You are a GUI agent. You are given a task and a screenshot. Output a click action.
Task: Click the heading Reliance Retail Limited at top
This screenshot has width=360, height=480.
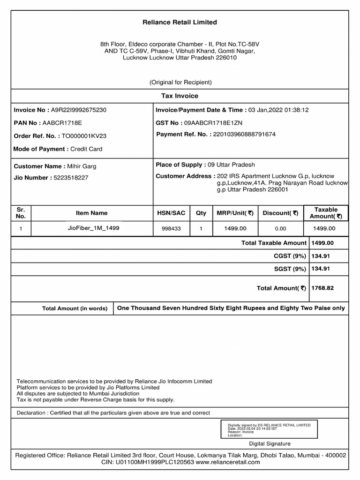click(x=180, y=22)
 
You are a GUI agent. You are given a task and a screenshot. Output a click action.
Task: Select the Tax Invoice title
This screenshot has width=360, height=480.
click(x=180, y=96)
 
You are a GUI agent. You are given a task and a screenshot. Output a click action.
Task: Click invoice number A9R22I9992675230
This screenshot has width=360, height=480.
click(x=78, y=110)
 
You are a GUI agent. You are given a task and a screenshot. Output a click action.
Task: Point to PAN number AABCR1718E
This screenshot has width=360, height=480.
click(x=62, y=123)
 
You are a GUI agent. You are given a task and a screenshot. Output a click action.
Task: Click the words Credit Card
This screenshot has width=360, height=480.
click(x=86, y=149)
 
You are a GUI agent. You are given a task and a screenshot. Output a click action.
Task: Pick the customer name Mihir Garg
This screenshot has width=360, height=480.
click(x=82, y=166)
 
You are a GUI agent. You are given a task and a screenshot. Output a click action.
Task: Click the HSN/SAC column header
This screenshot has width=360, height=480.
click(x=171, y=213)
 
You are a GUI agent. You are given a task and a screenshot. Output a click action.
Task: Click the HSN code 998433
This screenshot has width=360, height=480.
click(x=171, y=229)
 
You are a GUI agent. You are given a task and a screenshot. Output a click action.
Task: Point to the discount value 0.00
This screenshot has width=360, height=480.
click(x=280, y=229)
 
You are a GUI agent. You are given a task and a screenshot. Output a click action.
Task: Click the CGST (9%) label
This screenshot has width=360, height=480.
click(x=290, y=256)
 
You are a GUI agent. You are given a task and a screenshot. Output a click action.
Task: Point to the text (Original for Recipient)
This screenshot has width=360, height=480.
click(x=180, y=82)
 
